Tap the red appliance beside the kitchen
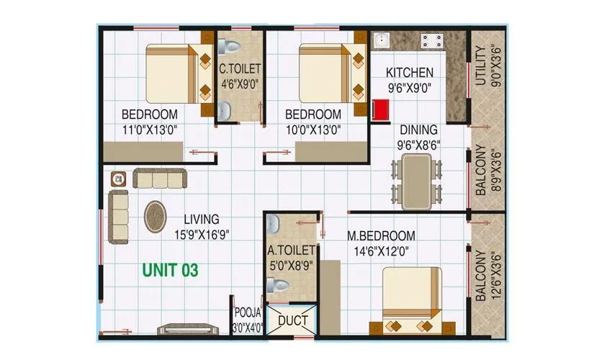(380, 109)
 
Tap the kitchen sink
(382, 40)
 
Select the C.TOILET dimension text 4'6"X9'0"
(239, 84)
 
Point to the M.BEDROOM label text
(381, 236)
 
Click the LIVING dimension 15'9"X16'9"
(201, 233)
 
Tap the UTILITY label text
(480, 66)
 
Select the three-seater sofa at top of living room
(159, 178)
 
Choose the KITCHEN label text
(410, 72)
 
